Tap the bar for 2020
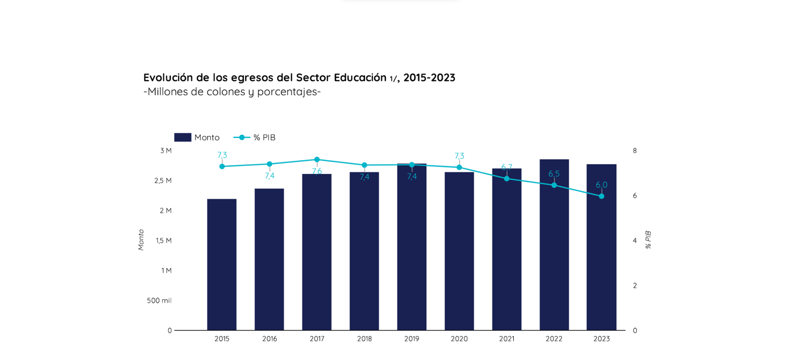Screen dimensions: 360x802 coord(459,251)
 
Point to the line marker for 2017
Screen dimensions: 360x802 coord(317,160)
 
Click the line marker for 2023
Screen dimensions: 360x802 coord(601,197)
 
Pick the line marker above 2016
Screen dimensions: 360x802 coord(270,164)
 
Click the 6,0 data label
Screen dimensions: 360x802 coord(601,185)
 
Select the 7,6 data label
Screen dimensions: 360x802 coord(317,171)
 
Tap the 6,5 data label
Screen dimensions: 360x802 coord(554,174)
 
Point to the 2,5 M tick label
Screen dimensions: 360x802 coord(163,181)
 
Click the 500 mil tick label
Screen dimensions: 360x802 coord(159,301)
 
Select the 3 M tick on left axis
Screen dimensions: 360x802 coord(166,150)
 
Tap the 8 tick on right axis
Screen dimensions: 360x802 coord(635,150)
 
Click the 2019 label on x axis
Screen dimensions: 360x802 coord(412,339)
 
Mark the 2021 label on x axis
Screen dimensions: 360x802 coord(506,339)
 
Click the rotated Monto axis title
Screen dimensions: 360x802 coord(141,240)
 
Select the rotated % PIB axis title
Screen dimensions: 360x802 coord(648,240)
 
